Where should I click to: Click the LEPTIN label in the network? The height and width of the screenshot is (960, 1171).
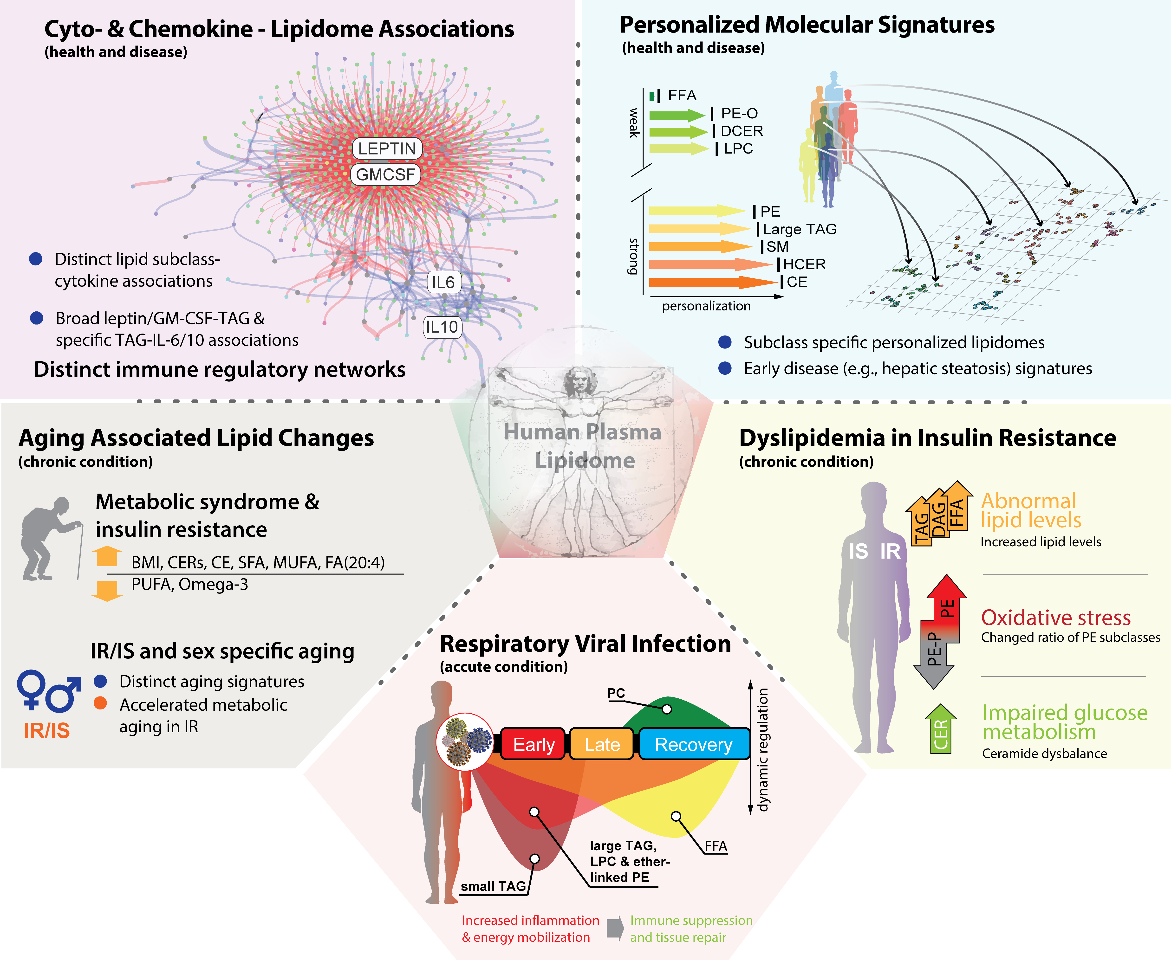click(x=387, y=148)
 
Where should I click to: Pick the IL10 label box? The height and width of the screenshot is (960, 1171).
click(x=441, y=327)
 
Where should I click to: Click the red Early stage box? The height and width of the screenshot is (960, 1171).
click(x=533, y=744)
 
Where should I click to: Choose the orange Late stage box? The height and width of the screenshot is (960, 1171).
click(x=602, y=744)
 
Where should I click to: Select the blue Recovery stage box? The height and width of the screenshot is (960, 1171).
click(x=694, y=744)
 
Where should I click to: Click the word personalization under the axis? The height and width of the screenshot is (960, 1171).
click(x=706, y=306)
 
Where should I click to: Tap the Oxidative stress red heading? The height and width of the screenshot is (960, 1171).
click(x=1055, y=617)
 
